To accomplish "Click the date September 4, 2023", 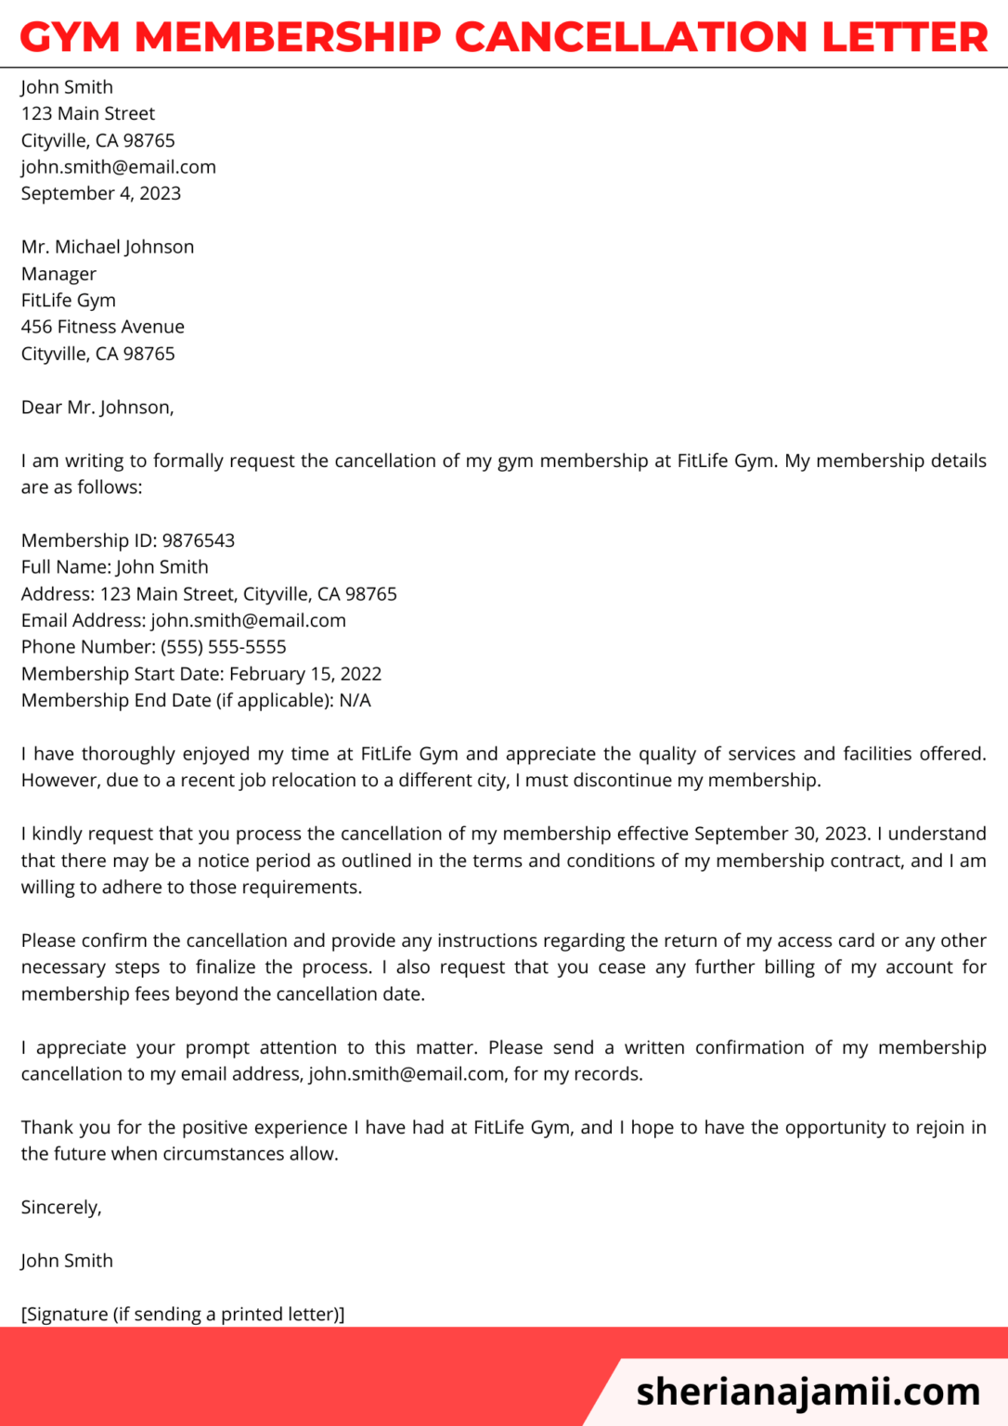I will click(x=101, y=193).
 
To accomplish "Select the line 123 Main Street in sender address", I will click(x=88, y=113).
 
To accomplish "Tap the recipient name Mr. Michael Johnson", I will click(x=108, y=247).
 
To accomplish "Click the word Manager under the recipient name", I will click(x=58, y=274).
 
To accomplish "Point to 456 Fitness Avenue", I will click(x=103, y=327).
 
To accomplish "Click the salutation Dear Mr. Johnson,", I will click(x=97, y=407).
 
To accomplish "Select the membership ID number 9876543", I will click(x=199, y=540).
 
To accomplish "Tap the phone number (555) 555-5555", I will click(x=224, y=647).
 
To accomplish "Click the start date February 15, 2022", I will click(x=305, y=674).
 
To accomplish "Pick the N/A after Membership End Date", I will click(x=355, y=701).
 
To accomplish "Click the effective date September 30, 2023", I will click(x=782, y=834).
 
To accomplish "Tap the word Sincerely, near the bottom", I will click(x=61, y=1207).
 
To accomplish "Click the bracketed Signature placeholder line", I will click(x=183, y=1314).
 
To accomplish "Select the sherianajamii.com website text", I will click(x=808, y=1392).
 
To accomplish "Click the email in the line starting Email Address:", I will click(x=249, y=620).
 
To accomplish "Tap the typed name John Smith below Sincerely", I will click(x=67, y=1261).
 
